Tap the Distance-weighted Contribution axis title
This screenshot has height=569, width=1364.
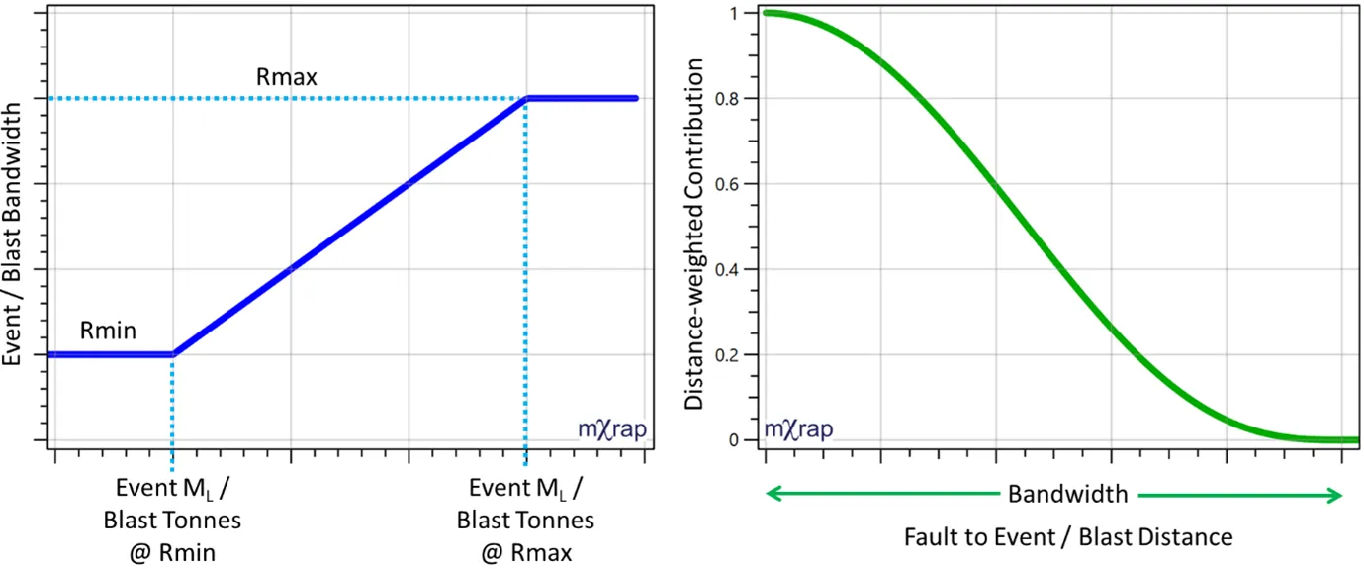695,233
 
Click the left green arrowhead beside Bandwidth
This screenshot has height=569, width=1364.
774,495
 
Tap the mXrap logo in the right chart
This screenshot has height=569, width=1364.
798,430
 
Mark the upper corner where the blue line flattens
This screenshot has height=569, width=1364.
527,98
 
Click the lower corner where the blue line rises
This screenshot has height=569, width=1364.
173,354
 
